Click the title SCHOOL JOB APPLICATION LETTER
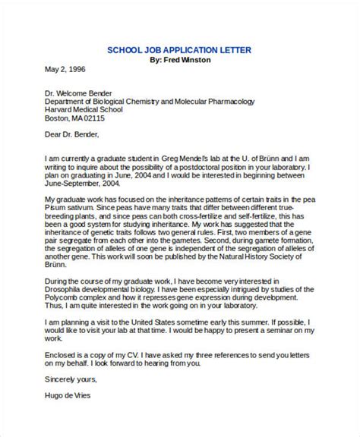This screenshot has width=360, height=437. tap(179, 50)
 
